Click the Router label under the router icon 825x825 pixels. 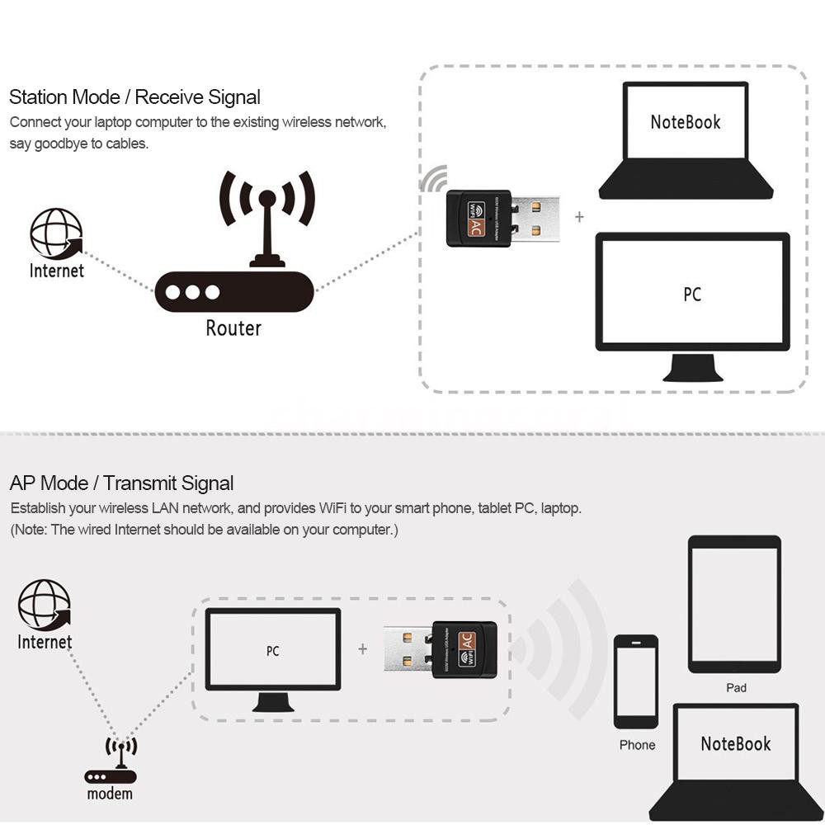point(233,328)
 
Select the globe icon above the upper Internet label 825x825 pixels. point(56,233)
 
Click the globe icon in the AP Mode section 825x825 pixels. point(45,605)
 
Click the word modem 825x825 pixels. point(110,794)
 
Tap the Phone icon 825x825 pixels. point(636,681)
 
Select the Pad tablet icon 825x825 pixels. point(734,604)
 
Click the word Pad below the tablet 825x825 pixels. point(736,687)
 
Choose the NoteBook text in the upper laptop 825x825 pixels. point(686,122)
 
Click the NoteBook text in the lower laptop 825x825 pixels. point(735,743)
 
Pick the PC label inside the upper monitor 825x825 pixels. point(692,295)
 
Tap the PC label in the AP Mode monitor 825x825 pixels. point(273,651)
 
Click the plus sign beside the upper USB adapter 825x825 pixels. point(579,217)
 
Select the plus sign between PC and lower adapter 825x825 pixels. point(362,649)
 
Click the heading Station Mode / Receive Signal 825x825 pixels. point(134,97)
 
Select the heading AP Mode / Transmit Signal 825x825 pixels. point(121,483)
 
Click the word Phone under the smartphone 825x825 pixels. point(637,745)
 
